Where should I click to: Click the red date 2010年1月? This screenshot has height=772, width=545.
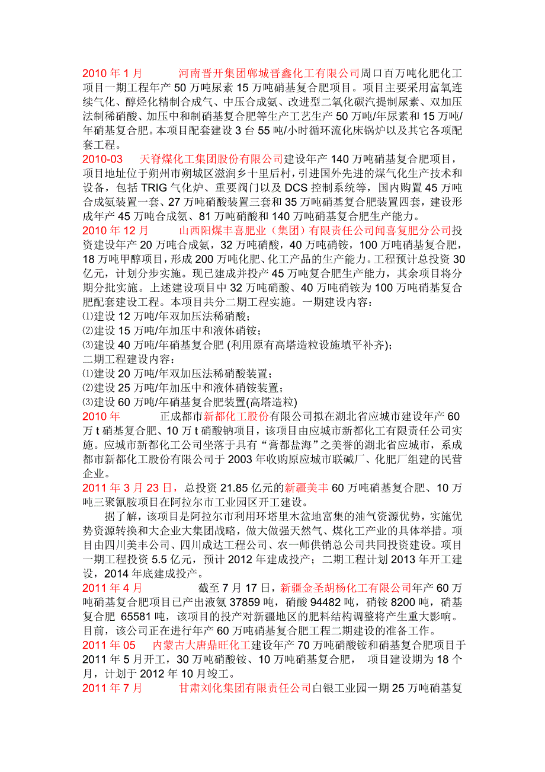tap(113, 74)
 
